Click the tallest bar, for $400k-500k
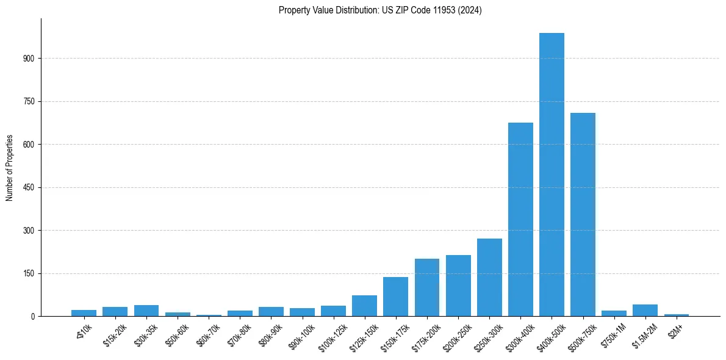552,175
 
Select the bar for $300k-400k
520,220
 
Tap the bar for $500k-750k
583,215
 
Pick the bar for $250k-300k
489,278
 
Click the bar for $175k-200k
427,287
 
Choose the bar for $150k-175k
395,297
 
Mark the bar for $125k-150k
364,306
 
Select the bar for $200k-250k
458,286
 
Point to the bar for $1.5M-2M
645,310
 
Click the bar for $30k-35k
146,311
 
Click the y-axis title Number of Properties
10,168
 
